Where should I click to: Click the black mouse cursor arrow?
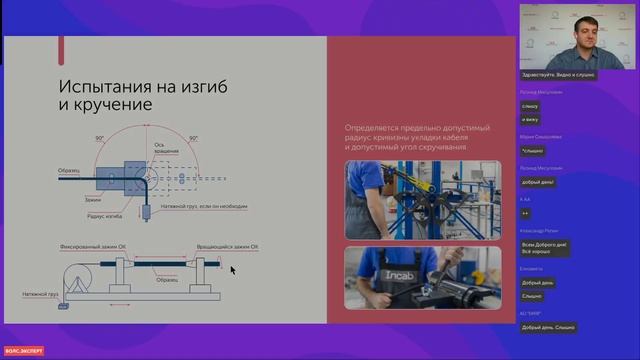233,269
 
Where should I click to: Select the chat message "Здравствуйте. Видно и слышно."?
558,75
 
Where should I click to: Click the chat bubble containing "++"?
526,212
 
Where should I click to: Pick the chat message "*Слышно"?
532,150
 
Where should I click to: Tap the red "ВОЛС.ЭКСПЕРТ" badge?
21,351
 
